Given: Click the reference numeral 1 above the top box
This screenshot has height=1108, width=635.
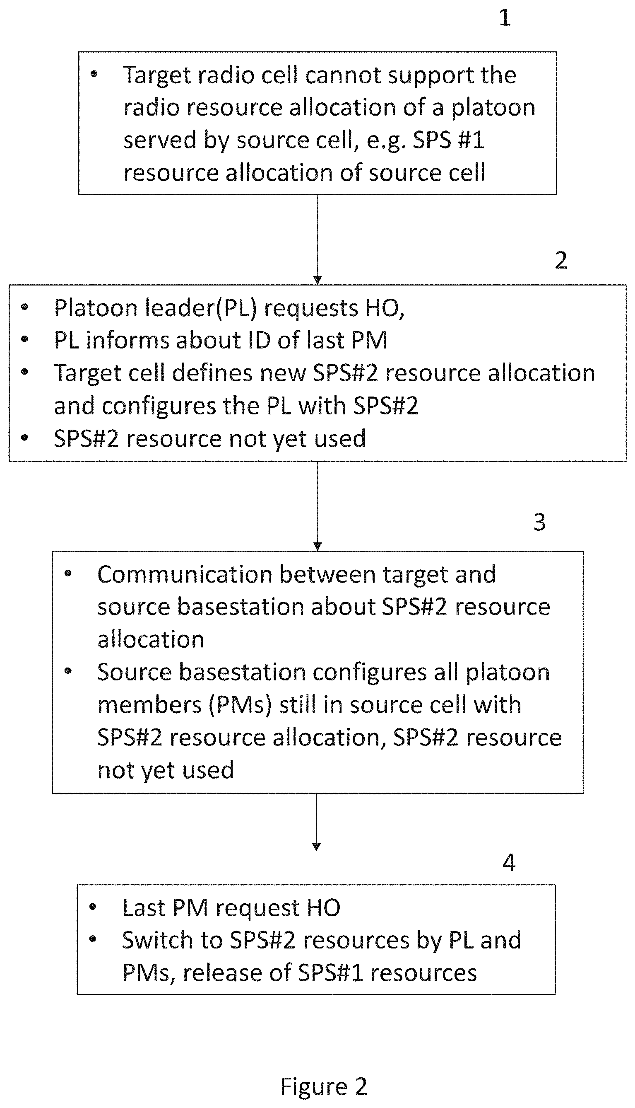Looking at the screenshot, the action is [505, 17].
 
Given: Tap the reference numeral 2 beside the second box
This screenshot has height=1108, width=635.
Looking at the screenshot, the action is [561, 260].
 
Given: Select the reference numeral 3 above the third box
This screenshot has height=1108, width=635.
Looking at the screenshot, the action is [539, 522].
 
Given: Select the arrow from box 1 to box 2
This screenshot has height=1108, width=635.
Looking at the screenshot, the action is [317, 239].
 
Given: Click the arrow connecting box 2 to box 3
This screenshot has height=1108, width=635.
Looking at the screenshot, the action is [317, 506].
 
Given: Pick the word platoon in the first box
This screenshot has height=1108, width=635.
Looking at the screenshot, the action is [493, 108].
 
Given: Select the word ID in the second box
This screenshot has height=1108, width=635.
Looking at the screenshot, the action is [259, 340].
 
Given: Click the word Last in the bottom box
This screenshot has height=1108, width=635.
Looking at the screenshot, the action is [144, 908].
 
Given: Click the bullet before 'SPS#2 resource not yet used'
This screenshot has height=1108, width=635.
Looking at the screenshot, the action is [24, 438].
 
